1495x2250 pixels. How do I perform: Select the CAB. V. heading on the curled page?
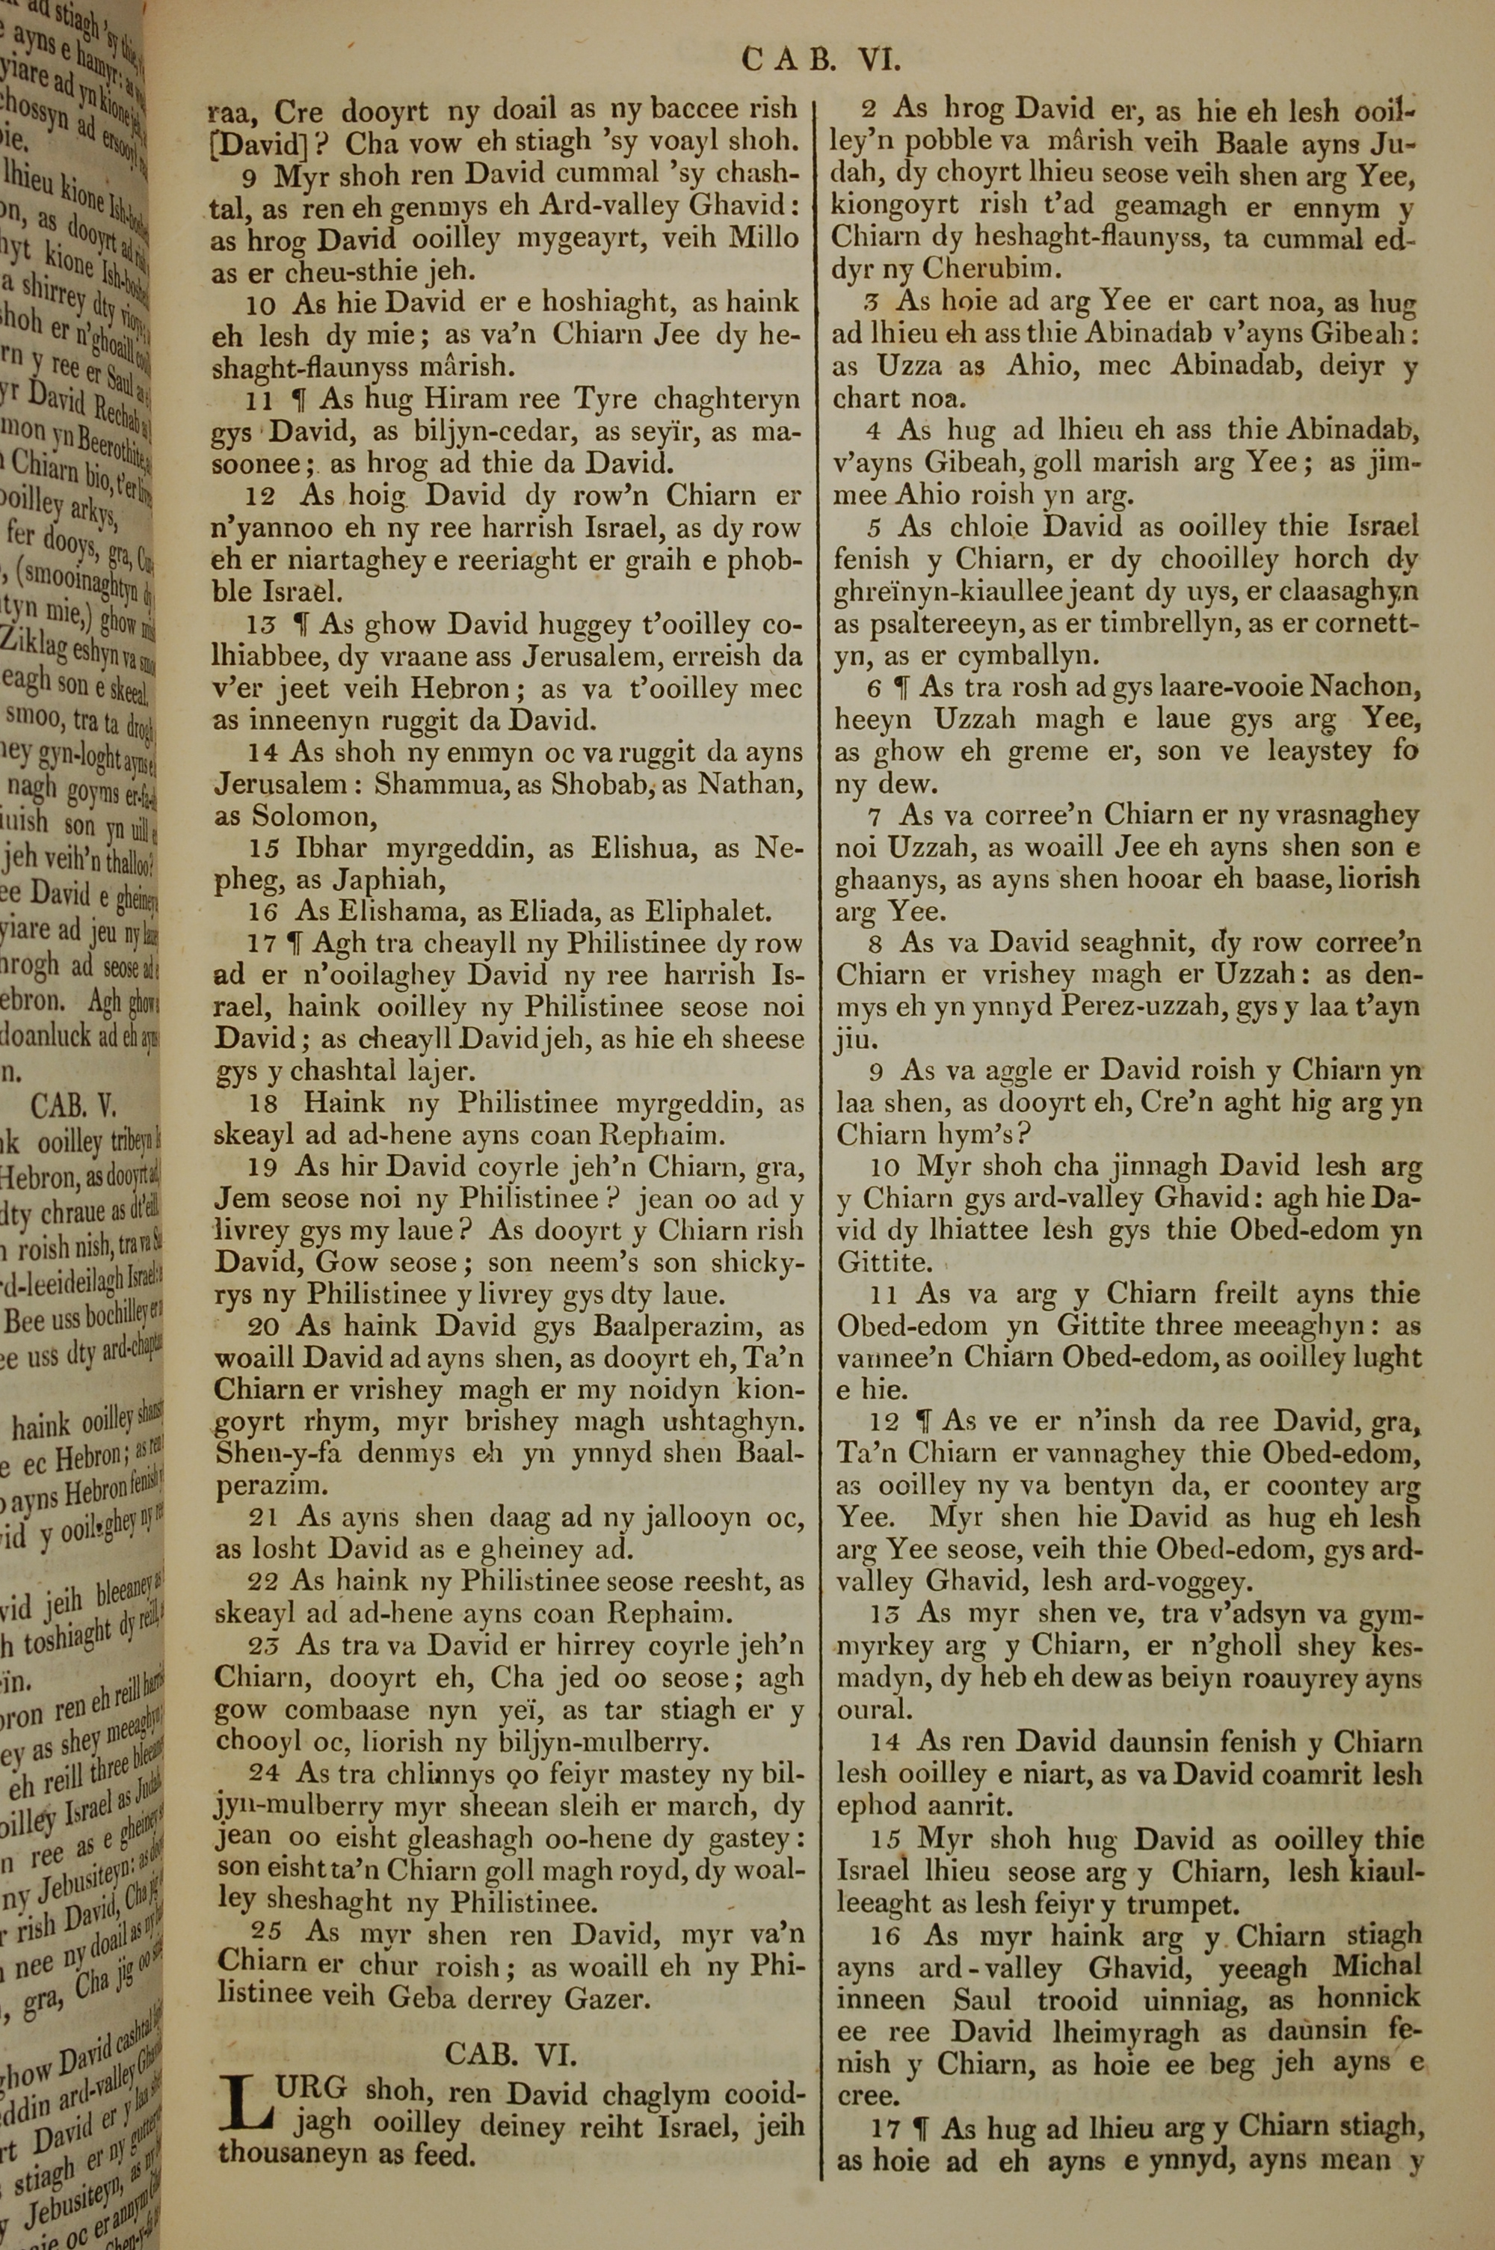(x=73, y=1105)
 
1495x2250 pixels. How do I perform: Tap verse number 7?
(x=875, y=815)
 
